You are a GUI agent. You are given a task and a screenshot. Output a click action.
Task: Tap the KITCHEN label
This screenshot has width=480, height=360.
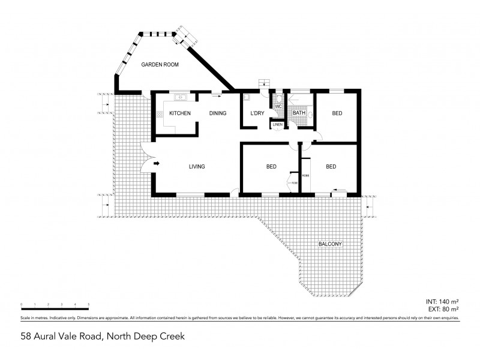point(179,113)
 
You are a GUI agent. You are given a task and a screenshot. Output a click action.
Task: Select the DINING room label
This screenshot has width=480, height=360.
point(217,113)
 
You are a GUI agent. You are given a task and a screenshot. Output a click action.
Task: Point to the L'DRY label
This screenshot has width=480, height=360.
point(257,113)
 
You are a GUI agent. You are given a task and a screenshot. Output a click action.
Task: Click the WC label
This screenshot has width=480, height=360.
point(278,107)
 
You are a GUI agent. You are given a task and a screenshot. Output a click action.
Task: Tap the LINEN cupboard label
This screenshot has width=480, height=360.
point(277,124)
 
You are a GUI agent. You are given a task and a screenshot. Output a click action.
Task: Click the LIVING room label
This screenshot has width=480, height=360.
point(197,167)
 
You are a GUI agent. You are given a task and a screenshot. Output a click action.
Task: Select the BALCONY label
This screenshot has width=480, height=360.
point(330,244)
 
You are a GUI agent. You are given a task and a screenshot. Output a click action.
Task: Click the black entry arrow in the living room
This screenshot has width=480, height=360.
point(158,163)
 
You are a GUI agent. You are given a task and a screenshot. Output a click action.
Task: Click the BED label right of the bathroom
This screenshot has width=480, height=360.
point(337,113)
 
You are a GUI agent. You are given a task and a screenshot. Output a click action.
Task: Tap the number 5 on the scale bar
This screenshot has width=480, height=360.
point(89,305)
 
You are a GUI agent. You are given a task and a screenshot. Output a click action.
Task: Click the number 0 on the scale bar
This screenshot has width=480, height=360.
point(21,305)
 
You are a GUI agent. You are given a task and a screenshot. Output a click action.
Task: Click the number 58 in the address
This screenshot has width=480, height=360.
point(26,337)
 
